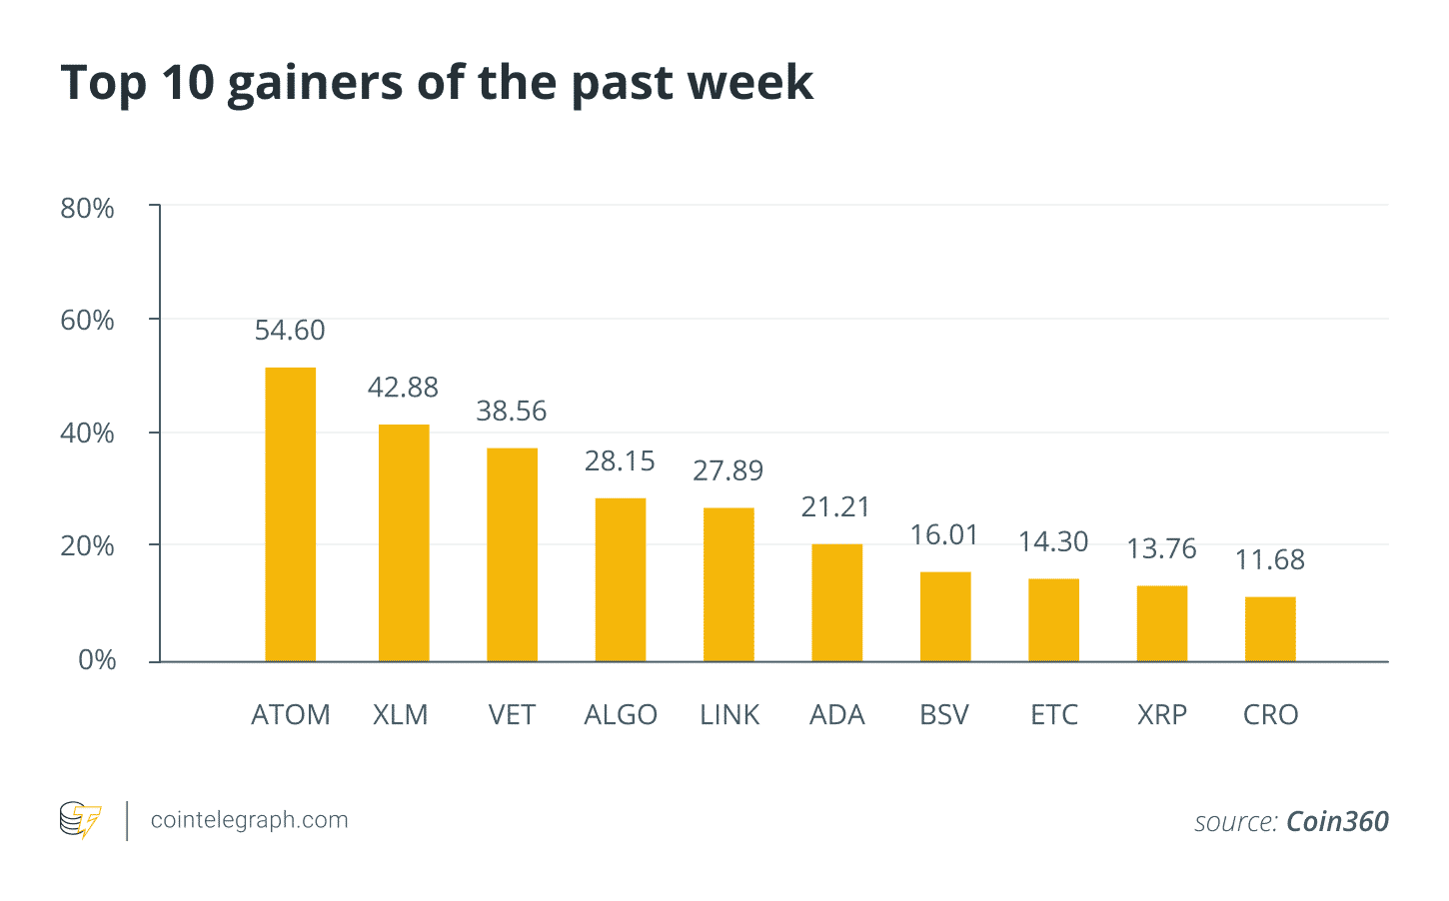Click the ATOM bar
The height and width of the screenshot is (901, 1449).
pos(290,514)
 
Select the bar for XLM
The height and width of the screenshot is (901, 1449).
pos(404,542)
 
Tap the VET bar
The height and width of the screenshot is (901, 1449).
pos(512,554)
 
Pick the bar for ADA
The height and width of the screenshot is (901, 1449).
pos(836,602)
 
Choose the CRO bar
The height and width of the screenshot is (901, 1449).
pos(1270,629)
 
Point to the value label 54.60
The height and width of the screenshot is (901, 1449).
pos(290,331)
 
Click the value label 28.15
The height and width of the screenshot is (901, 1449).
pos(620,461)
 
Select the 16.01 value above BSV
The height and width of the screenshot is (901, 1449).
pos(944,535)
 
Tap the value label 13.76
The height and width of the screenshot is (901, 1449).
pos(1161,549)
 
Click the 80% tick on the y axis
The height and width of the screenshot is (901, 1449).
pos(88,209)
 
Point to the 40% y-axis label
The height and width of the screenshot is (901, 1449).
pos(88,434)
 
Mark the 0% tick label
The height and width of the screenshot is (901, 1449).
pos(97,660)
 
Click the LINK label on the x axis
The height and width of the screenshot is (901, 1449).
pos(729,715)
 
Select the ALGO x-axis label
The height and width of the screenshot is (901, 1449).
pos(621,715)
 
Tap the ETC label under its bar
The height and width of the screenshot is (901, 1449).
pos(1054,715)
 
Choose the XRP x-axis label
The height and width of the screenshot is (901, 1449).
pos(1162,715)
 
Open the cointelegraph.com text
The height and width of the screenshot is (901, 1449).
pos(249,820)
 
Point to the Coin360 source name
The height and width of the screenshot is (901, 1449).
pos(1337,822)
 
